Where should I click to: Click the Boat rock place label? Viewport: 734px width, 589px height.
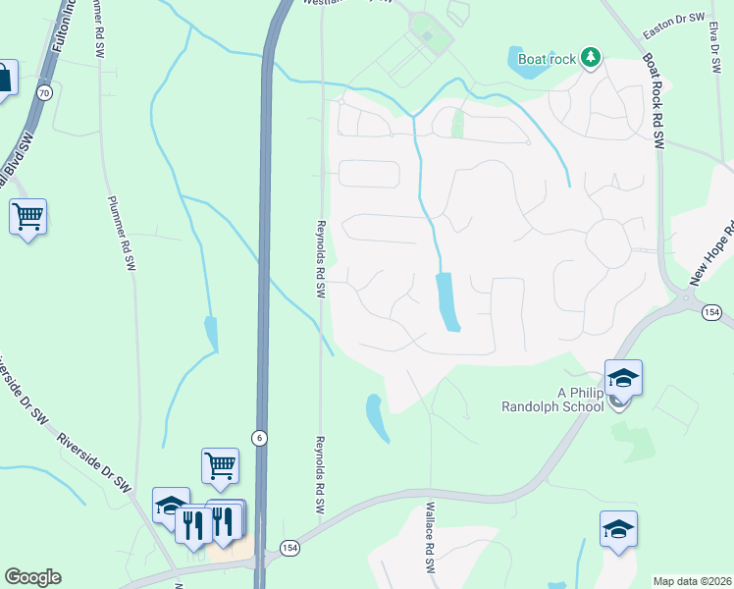point(547,59)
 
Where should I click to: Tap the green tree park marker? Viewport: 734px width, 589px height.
point(590,58)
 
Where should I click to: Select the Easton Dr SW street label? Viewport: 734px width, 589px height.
point(674,32)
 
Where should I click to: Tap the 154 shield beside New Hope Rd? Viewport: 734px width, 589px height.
point(713,311)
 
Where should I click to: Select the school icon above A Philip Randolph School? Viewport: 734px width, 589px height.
point(622,377)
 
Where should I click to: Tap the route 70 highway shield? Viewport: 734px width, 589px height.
point(43,92)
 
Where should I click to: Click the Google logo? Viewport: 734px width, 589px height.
point(32,577)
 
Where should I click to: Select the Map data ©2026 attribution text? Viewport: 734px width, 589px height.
point(691,581)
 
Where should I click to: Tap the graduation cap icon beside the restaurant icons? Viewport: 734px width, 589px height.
point(171,506)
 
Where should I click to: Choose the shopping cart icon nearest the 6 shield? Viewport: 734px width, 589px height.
point(220,466)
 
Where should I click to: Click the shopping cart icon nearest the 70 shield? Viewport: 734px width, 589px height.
point(28,217)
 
